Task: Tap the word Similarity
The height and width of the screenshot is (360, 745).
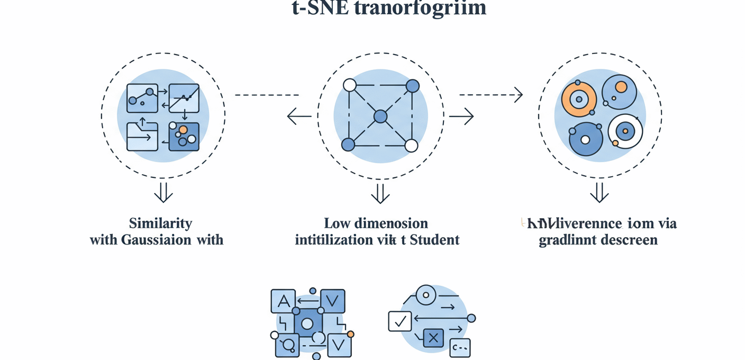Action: click(x=160, y=223)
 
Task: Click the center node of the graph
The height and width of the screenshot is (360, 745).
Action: click(x=380, y=116)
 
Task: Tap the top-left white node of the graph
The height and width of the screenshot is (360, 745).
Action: click(x=349, y=85)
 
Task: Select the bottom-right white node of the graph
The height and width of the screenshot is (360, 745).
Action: click(x=411, y=146)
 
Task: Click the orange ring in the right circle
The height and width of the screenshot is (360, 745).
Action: click(x=579, y=99)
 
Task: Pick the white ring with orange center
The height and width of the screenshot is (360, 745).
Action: click(x=625, y=130)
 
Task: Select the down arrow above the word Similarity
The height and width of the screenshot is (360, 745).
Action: click(x=163, y=194)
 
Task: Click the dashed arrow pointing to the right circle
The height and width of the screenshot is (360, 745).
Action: click(x=491, y=95)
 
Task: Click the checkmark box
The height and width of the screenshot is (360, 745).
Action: click(x=400, y=321)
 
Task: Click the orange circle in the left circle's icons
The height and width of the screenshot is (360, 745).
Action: click(x=183, y=129)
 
